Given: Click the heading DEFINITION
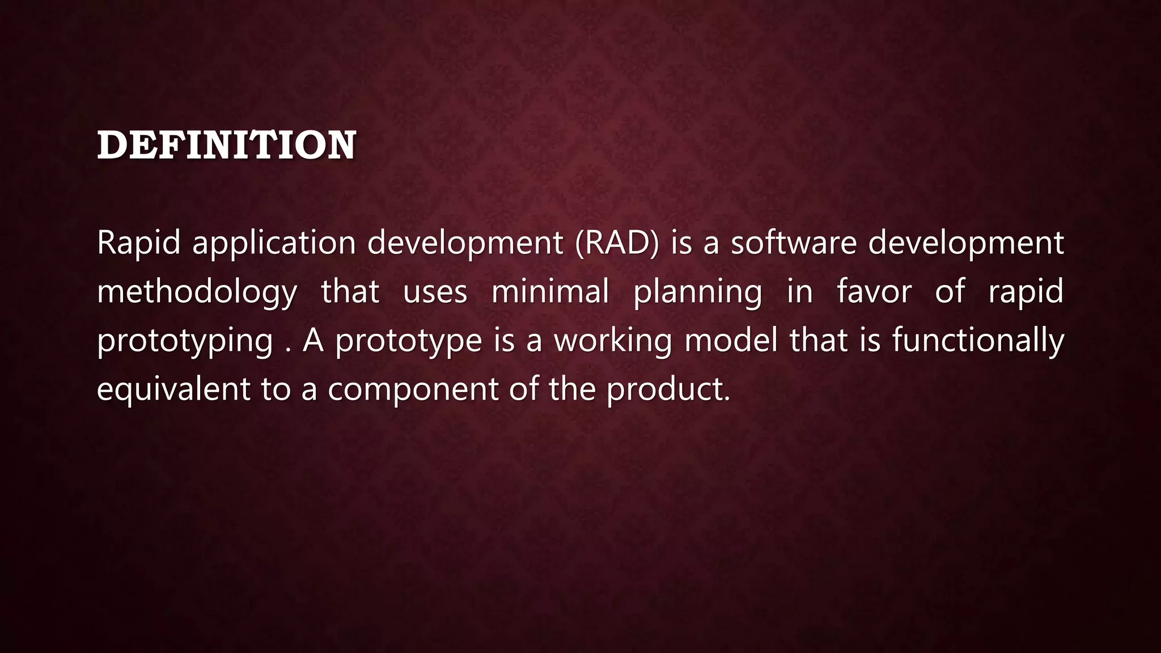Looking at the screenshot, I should click(226, 145).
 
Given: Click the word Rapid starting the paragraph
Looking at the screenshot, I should click(138, 243).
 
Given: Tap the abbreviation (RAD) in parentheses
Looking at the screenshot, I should click(617, 243).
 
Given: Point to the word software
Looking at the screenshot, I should click(793, 243).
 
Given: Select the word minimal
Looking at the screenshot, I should click(550, 292).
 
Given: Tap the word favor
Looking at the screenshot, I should click(874, 292).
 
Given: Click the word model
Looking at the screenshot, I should click(731, 341).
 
